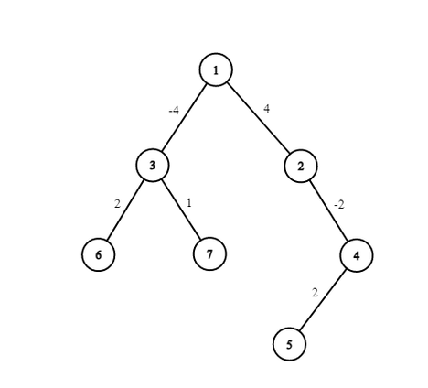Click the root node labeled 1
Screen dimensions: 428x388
point(216,70)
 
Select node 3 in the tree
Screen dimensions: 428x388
point(152,166)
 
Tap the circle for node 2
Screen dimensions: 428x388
point(301,166)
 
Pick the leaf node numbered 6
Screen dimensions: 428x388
point(98,254)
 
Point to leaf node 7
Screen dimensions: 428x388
point(209,253)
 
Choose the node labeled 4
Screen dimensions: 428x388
point(357,255)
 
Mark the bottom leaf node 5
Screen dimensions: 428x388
point(289,344)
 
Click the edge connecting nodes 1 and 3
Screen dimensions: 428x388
point(184,118)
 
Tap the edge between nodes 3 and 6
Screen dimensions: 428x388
point(125,210)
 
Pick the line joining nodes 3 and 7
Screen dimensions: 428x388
point(181,210)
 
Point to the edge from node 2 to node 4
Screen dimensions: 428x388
point(328,210)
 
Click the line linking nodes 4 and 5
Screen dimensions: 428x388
point(323,300)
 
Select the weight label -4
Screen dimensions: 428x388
point(174,110)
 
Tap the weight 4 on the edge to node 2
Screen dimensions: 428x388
point(266,109)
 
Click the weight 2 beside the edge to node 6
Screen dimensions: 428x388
point(117,203)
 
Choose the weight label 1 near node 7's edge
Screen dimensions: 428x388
point(189,202)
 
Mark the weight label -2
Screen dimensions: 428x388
point(339,205)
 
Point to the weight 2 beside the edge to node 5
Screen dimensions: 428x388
point(315,293)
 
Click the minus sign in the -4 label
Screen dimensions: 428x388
point(170,112)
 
